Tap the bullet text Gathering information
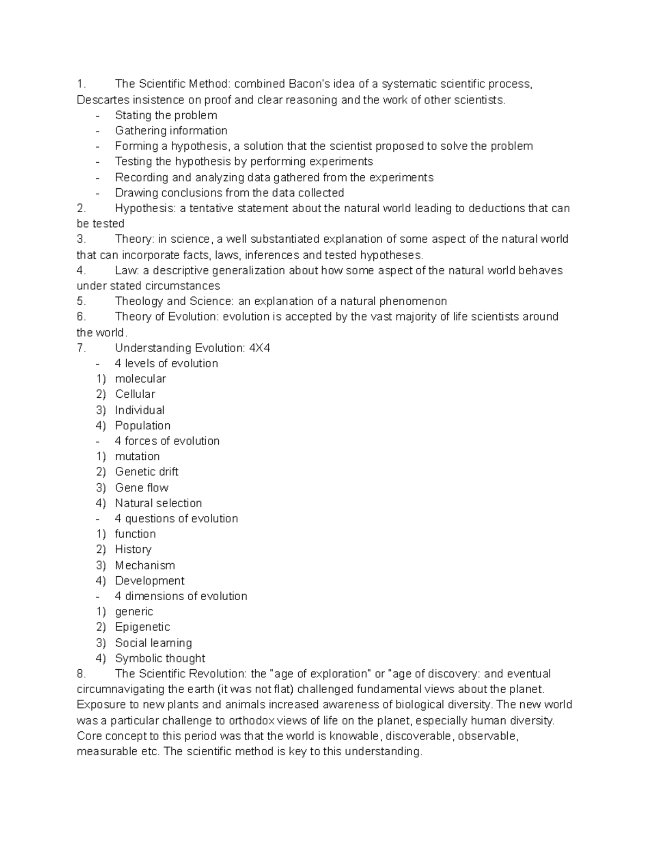[x=171, y=131]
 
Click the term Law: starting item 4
[x=127, y=270]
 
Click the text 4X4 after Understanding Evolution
[x=259, y=348]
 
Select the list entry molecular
[x=140, y=379]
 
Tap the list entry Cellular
[x=135, y=394]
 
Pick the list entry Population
[x=143, y=425]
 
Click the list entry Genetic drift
[x=146, y=472]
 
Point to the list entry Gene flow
[x=141, y=488]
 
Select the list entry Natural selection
[x=158, y=503]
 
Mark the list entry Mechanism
[x=145, y=565]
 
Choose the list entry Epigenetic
[x=143, y=627]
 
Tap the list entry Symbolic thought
[x=160, y=658]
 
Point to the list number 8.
[x=82, y=674]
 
